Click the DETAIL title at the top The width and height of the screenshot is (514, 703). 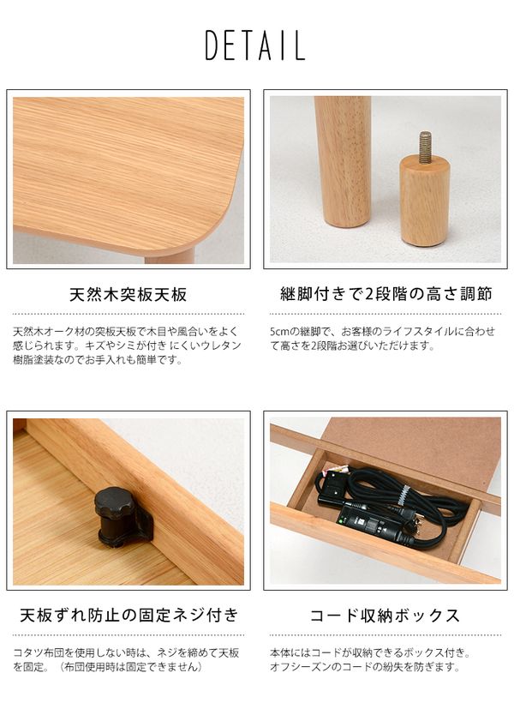tap(255, 45)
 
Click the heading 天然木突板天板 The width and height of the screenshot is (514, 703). tap(128, 295)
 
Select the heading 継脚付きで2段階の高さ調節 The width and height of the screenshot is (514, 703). tap(385, 294)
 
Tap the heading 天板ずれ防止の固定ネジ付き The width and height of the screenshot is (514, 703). tap(128, 615)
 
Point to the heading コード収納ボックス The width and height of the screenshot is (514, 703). tap(385, 616)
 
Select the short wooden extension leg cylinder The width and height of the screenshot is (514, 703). tap(425, 201)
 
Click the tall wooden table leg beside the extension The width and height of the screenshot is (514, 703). tap(343, 161)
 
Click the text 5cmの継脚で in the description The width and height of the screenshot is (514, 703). tap(300, 333)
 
